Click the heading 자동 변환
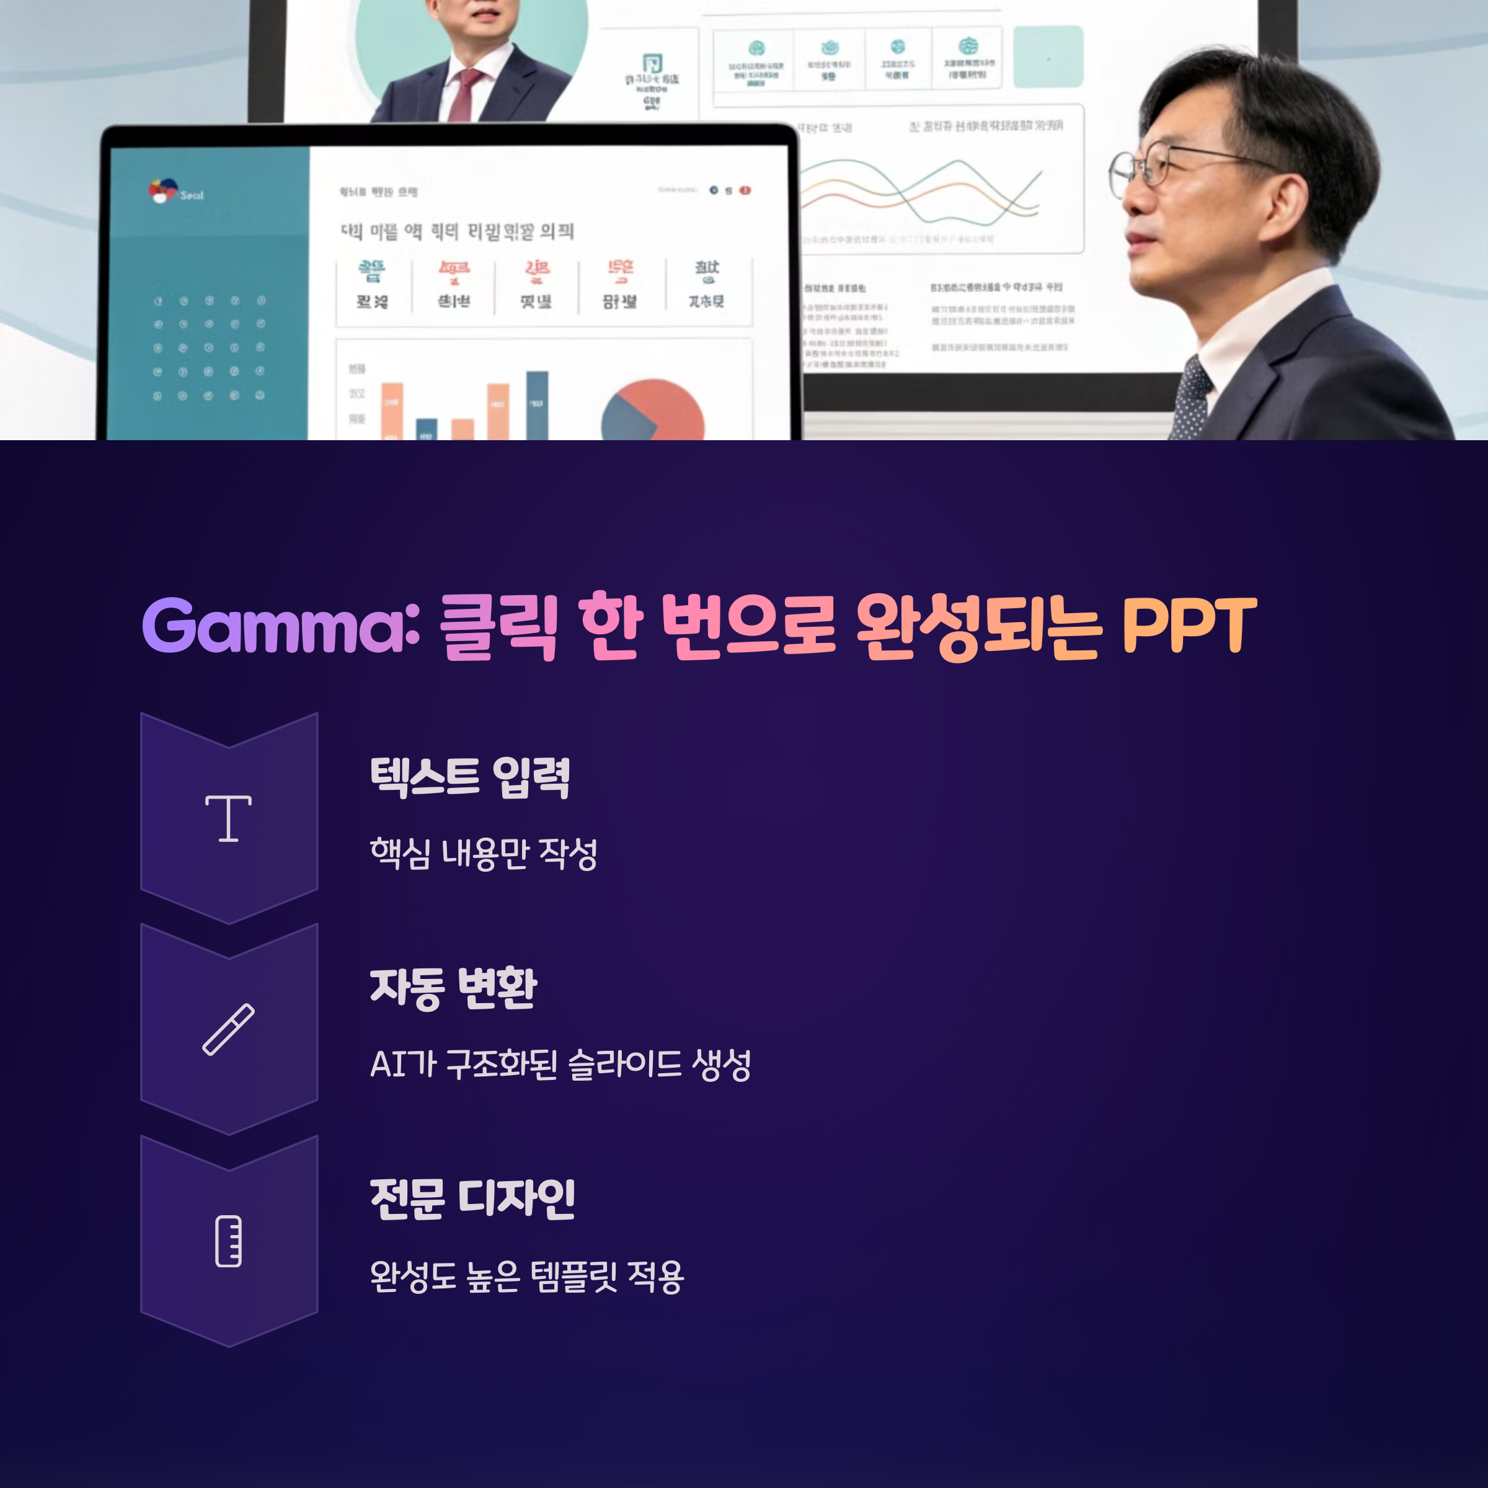[453, 988]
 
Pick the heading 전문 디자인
[472, 1199]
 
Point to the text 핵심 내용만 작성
[484, 853]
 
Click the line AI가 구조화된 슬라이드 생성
[560, 1065]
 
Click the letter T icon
[229, 818]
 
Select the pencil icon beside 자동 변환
[229, 1029]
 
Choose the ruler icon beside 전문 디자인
[229, 1241]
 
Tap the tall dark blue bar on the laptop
[537, 406]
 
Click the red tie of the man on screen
[464, 95]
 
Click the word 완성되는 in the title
[979, 626]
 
